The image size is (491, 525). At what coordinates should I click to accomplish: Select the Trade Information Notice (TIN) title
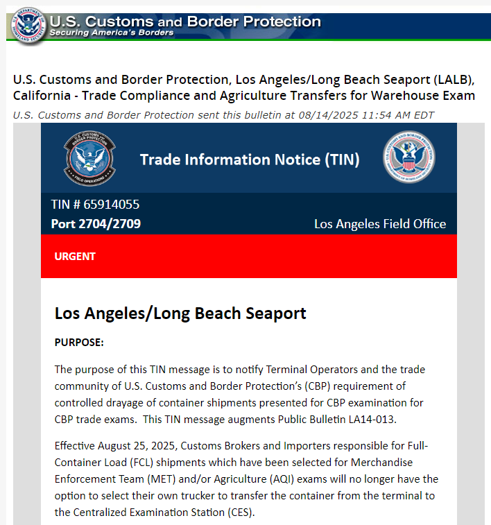click(250, 160)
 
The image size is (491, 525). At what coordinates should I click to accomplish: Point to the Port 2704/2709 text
click(96, 224)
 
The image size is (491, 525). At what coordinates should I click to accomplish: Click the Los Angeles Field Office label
click(380, 224)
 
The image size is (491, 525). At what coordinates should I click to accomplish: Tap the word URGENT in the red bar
click(75, 257)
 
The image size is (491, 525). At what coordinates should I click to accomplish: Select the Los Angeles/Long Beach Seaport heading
click(180, 313)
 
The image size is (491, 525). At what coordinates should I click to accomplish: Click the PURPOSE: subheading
click(79, 343)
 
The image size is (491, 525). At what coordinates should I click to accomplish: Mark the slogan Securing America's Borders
click(112, 33)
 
